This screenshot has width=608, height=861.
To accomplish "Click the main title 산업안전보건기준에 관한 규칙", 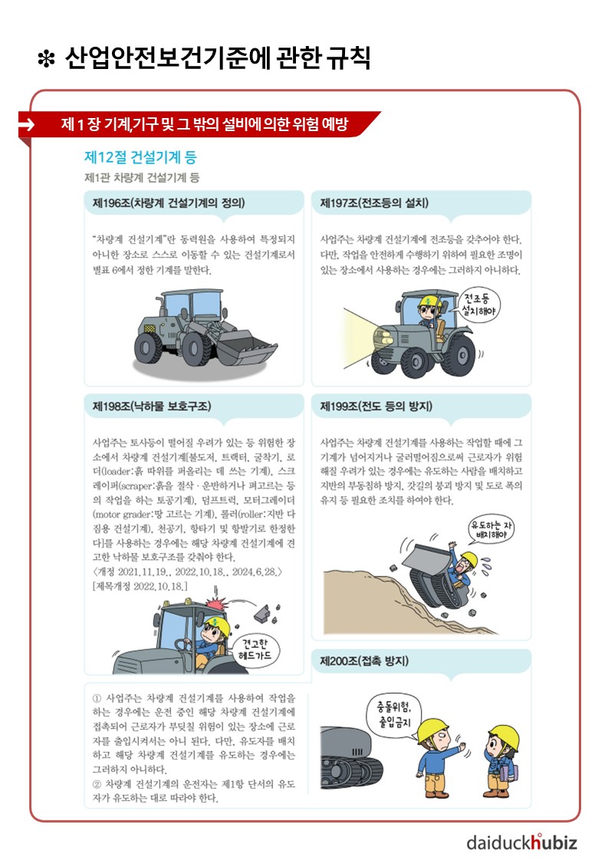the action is [x=218, y=58].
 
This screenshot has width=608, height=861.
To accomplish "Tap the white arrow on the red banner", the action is [x=26, y=125].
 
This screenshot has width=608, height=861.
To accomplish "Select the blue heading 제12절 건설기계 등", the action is [x=140, y=157].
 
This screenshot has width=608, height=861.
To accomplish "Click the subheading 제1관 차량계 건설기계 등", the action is [x=142, y=177].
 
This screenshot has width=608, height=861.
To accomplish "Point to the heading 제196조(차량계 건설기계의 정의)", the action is [x=169, y=202].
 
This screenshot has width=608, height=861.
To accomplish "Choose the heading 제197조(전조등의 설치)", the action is [x=374, y=202].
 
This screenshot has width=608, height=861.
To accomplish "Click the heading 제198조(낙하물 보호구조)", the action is [x=152, y=406].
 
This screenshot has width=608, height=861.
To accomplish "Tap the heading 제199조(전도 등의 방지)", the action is [x=376, y=406].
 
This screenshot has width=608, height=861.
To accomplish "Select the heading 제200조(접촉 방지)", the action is [x=364, y=661].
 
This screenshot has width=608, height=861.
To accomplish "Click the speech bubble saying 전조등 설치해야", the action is [x=478, y=304].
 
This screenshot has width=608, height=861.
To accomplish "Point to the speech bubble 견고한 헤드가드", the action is [x=254, y=650].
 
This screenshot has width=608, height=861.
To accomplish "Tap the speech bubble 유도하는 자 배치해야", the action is [x=491, y=529].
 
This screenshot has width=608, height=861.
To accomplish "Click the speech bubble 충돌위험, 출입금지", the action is [x=393, y=714].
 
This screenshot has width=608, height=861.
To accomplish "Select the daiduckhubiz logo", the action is [x=521, y=842].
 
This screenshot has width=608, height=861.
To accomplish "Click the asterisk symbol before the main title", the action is [x=46, y=59].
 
